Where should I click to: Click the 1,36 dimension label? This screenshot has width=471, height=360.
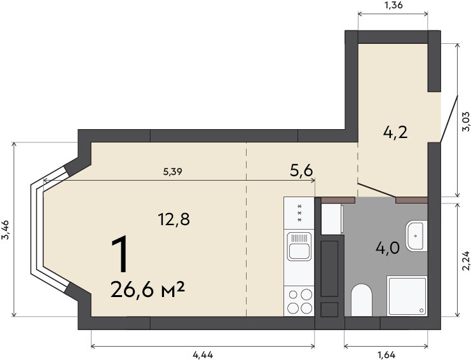[x=393, y=5]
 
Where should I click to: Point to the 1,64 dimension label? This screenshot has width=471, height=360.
[x=386, y=355]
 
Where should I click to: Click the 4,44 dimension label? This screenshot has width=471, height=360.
[x=203, y=355]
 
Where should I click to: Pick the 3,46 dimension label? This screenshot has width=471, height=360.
[x=6, y=230]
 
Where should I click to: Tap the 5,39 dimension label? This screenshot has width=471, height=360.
[x=173, y=172]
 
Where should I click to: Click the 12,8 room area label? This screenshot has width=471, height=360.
[x=174, y=219]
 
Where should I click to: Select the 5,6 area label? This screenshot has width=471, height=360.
[x=301, y=170]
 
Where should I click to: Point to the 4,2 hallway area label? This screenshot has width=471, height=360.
[x=395, y=132]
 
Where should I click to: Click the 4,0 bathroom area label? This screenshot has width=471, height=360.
[x=388, y=249]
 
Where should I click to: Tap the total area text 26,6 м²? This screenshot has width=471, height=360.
[x=147, y=289]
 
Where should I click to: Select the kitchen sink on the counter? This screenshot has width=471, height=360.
[x=299, y=246]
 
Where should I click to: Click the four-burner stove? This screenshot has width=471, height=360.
[x=299, y=301]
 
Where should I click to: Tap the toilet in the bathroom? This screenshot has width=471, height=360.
[x=362, y=300]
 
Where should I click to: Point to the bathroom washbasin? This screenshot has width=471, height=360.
[x=416, y=236]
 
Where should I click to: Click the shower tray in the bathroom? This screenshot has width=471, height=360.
[x=407, y=296]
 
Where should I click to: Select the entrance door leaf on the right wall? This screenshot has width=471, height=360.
[x=449, y=119]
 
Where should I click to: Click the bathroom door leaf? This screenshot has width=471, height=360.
[x=377, y=190]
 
